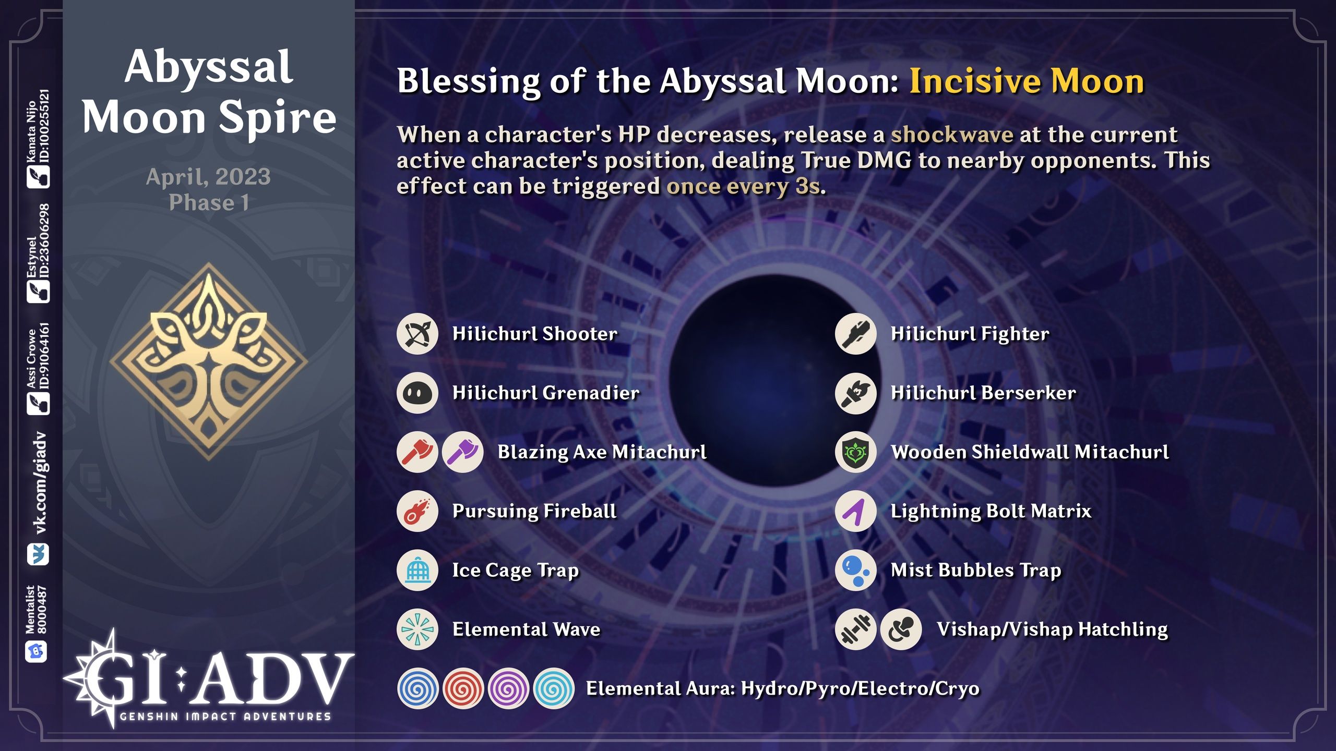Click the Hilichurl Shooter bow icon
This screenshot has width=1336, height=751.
[x=417, y=334]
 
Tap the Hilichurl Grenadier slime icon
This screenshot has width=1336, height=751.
[x=417, y=393]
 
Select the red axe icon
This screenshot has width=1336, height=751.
[x=417, y=452]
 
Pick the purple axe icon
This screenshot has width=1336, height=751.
[x=462, y=452]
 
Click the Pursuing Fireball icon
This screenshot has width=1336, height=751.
[x=417, y=511]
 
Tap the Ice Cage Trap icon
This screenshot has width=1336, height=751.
[x=417, y=570]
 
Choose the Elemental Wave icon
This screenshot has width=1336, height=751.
[x=417, y=629]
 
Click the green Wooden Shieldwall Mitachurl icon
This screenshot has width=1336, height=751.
[x=856, y=452]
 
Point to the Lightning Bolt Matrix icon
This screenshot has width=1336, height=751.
[x=856, y=511]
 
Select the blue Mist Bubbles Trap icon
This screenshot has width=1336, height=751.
[x=856, y=570]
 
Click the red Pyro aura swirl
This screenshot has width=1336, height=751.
[x=463, y=688]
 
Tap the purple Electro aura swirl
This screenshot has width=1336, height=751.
[x=508, y=688]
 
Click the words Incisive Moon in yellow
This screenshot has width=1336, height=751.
[x=1026, y=81]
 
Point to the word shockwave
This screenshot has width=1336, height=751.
[x=951, y=135]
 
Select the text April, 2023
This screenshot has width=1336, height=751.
[x=208, y=177]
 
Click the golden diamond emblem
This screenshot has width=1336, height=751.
[x=209, y=361]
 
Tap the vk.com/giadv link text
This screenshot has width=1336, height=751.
[x=40, y=483]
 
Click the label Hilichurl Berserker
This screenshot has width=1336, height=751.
[x=983, y=393]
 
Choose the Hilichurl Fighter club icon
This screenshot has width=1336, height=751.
[x=856, y=334]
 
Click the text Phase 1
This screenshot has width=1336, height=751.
[x=208, y=202]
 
